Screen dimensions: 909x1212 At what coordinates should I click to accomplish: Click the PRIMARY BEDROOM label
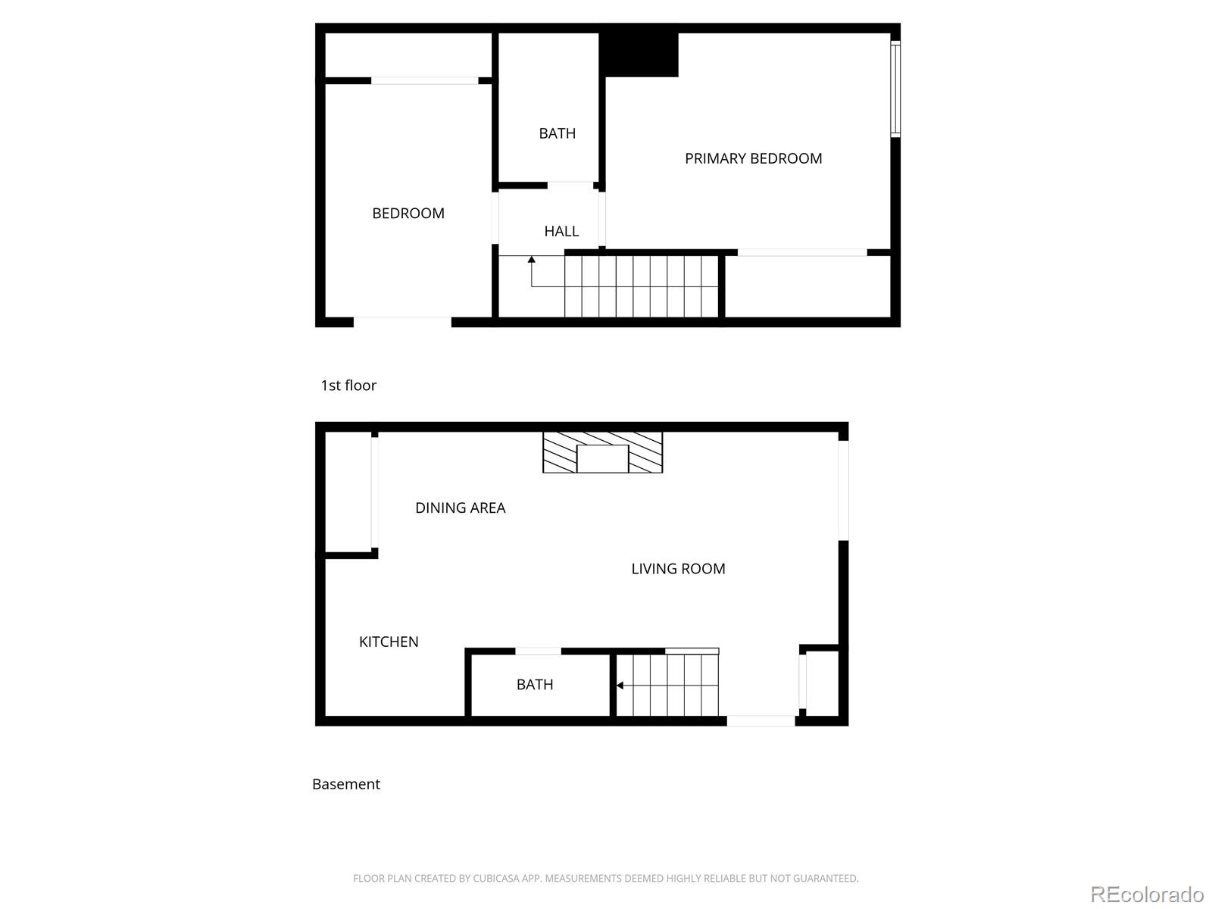tap(753, 158)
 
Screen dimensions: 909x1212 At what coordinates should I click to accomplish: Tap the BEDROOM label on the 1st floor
tap(408, 214)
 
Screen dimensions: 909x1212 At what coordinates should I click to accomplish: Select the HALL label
tap(561, 231)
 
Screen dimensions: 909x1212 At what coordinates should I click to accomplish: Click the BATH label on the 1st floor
tap(557, 133)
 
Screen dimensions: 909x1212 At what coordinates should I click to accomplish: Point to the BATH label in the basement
tap(535, 685)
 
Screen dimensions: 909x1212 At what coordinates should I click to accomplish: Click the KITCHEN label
tap(389, 642)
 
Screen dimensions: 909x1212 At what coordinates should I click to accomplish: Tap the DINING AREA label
tap(460, 508)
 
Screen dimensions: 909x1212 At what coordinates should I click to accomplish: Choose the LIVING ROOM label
tap(678, 569)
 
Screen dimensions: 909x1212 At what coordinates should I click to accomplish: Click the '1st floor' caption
tap(348, 386)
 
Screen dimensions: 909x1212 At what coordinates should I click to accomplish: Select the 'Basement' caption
tap(346, 784)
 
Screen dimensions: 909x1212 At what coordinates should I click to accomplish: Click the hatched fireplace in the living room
tap(602, 453)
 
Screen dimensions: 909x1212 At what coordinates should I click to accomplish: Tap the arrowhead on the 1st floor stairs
tap(532, 260)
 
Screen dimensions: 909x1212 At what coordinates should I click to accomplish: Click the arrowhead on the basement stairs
tap(620, 686)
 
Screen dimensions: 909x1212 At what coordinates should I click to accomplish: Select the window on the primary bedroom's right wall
tap(895, 89)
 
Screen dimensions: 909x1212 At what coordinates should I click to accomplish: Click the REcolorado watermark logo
tap(1147, 895)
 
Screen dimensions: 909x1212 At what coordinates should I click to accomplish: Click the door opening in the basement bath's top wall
tap(538, 651)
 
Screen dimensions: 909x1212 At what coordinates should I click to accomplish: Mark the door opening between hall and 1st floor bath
tap(570, 185)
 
